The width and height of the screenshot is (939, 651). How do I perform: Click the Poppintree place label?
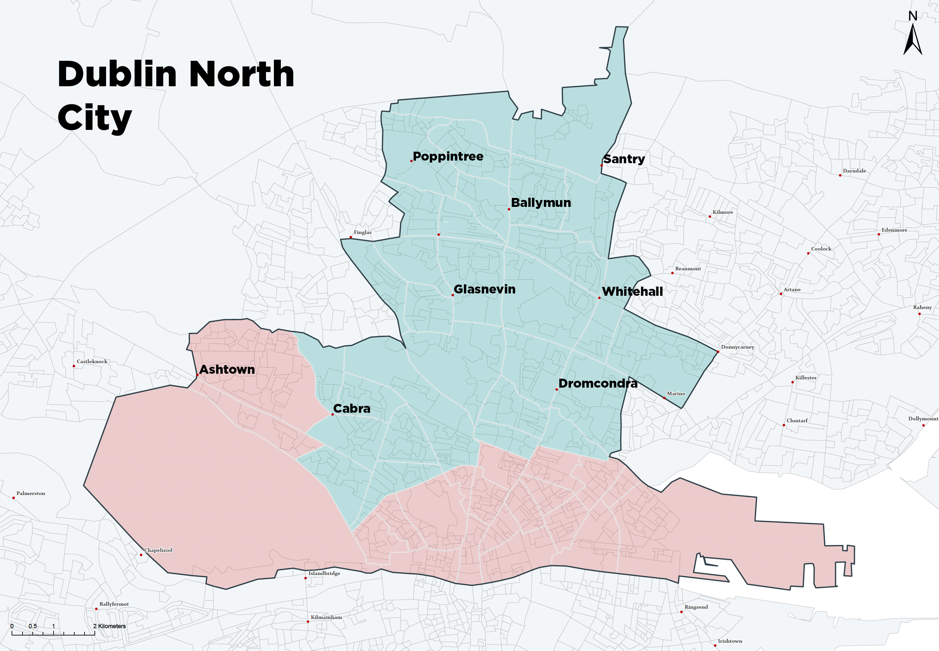(448, 156)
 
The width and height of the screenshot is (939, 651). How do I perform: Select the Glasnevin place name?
(484, 289)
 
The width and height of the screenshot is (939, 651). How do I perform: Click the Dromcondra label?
(598, 383)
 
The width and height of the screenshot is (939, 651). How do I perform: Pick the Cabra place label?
(352, 408)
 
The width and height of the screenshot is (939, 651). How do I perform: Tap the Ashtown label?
(227, 369)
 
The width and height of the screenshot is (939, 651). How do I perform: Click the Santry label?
(624, 159)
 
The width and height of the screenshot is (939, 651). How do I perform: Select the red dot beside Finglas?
(351, 237)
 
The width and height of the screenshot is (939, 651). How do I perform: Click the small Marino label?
(676, 394)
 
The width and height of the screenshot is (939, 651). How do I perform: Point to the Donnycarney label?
(737, 347)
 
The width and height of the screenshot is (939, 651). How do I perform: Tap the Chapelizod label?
(158, 550)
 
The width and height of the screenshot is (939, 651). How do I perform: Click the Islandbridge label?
(324, 573)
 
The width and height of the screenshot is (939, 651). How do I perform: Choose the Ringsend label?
(696, 607)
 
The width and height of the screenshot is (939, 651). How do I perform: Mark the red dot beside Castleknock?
(74, 366)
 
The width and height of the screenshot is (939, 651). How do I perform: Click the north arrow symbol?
(913, 40)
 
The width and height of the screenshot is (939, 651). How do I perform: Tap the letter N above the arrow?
(913, 16)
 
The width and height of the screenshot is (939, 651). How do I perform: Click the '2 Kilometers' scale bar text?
(109, 626)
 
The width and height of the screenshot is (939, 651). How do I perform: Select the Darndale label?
(854, 171)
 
